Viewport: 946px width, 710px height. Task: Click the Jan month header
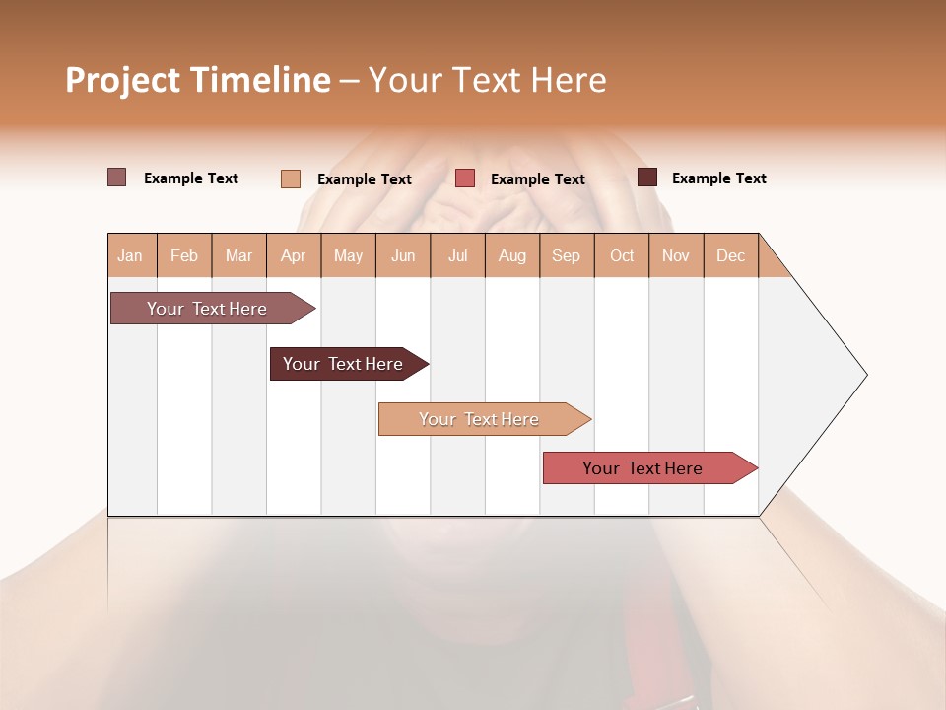(131, 255)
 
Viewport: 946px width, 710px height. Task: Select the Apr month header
(294, 255)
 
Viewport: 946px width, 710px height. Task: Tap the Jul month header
(457, 255)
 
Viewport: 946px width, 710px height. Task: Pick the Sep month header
(566, 255)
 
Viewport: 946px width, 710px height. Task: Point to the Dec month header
(730, 255)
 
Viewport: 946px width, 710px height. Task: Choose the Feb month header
(184, 255)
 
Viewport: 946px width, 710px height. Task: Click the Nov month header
(676, 255)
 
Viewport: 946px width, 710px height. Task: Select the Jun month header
(403, 255)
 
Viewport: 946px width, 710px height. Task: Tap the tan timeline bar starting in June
(480, 419)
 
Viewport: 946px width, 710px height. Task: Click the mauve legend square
(116, 177)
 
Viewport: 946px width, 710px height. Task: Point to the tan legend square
(291, 178)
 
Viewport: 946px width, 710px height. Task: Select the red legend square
(465, 178)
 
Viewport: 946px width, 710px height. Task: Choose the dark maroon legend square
(647, 177)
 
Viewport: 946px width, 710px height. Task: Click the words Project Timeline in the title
(197, 80)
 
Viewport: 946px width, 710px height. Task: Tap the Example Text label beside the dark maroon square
(718, 178)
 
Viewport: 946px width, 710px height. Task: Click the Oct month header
(622, 255)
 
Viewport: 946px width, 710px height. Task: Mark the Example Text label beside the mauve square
(191, 178)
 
